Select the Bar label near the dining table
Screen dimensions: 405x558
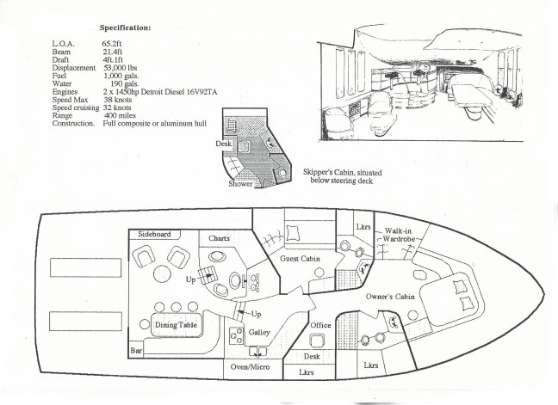pos(135,352)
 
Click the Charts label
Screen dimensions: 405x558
pos(219,237)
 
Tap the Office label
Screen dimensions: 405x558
pos(320,325)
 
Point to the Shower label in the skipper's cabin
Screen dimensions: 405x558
pos(241,183)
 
